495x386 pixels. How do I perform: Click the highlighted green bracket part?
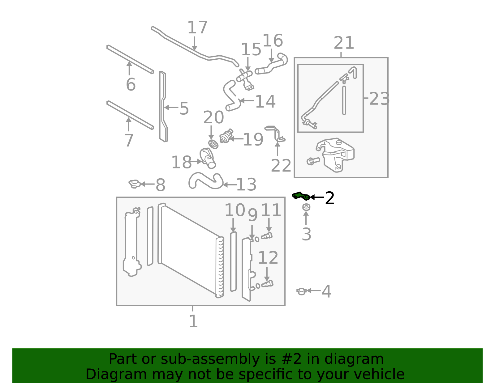coord(300,196)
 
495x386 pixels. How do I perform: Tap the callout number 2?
coord(329,198)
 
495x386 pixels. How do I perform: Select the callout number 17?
coord(197,28)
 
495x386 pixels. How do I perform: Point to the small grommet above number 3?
coord(306,207)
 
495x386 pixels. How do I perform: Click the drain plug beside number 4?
coord(301,291)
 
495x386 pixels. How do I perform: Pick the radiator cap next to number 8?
coord(135,184)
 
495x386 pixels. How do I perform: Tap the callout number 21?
coord(343,43)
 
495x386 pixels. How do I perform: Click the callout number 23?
coord(379,99)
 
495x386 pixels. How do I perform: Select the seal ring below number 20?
coord(213,144)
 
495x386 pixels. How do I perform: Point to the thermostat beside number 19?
coord(226,136)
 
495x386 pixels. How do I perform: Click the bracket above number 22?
coord(275,134)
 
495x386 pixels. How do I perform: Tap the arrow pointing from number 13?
coord(229,185)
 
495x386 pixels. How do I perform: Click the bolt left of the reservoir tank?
coord(313,161)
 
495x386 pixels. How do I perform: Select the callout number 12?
coord(268,258)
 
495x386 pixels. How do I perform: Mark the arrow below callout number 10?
coord(233,225)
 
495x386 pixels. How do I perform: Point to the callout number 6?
coord(131,84)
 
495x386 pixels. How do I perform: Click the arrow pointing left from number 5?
coord(171,107)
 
